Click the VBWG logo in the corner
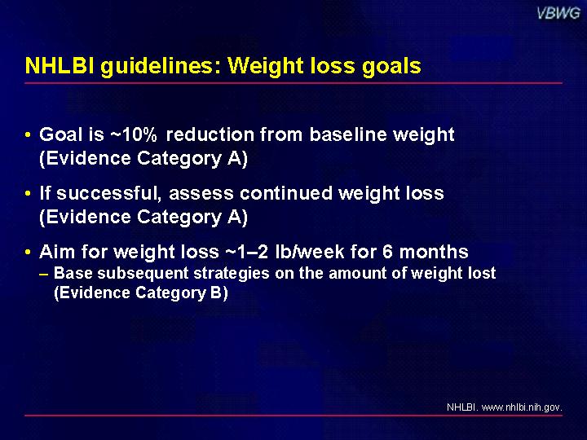(558, 13)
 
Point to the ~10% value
(134, 134)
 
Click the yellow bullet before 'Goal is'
(28, 134)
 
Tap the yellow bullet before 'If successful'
(28, 193)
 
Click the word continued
(286, 193)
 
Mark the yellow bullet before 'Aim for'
(28, 252)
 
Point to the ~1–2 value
(247, 252)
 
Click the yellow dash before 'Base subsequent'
(43, 274)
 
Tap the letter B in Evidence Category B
(216, 293)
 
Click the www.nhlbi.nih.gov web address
(522, 407)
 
